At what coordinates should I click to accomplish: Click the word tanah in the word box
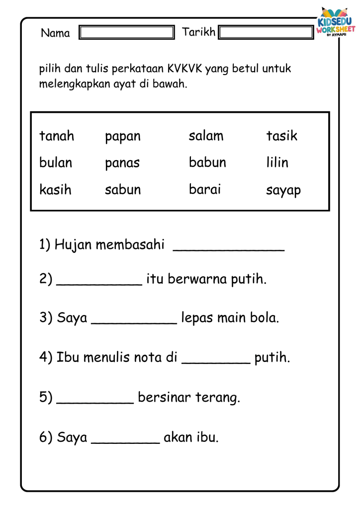[x=57, y=136]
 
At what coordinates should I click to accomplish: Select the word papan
[x=123, y=137]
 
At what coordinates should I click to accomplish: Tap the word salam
[x=206, y=136]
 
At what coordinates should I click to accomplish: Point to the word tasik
[x=281, y=136]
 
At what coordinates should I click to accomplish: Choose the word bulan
[x=56, y=163]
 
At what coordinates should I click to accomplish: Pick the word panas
[x=122, y=164]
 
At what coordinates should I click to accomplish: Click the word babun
[x=207, y=163]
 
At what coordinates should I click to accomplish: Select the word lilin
[x=277, y=163]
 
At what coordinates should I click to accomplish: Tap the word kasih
[x=55, y=189]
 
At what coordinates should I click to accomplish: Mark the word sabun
[x=123, y=189]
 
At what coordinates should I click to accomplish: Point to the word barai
[x=205, y=189]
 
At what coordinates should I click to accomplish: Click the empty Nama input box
[x=127, y=33]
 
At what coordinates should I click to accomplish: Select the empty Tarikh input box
[x=266, y=33]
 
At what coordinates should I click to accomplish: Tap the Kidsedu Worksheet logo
[x=336, y=25]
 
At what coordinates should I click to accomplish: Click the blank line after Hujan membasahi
[x=228, y=247]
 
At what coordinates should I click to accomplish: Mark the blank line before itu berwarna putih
[x=99, y=281]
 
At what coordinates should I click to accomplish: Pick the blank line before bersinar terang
[x=95, y=400]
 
